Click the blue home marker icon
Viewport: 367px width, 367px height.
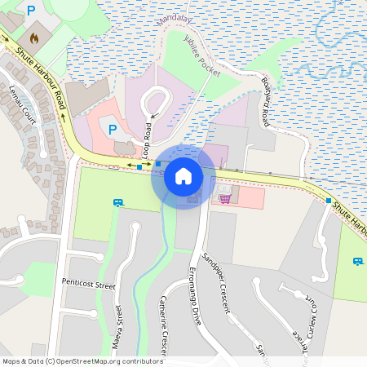(183, 175)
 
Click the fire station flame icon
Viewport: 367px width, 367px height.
(34, 37)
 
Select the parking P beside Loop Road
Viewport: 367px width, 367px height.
(113, 130)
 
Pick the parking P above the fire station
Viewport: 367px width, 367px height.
(31, 11)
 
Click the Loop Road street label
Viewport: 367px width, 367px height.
(148, 141)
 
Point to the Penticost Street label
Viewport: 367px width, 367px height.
(89, 284)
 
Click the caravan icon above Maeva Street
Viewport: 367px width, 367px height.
(118, 202)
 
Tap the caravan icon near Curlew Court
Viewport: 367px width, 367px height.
(357, 261)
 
